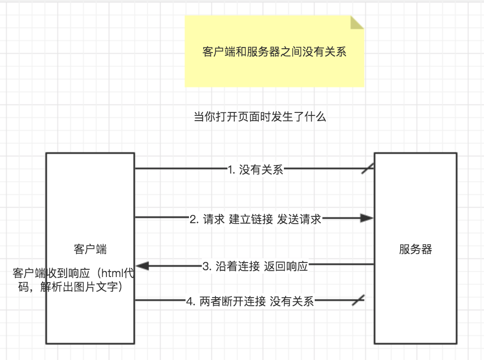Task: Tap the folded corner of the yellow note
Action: coord(357,22)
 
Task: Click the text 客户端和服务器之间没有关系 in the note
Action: coord(274,52)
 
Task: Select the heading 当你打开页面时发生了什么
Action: coord(260,117)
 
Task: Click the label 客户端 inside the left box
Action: coord(90,249)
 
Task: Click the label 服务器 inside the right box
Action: coord(416,249)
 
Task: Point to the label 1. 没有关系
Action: coord(255,170)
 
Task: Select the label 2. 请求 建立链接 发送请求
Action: coord(255,219)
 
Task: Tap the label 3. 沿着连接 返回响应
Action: coord(255,266)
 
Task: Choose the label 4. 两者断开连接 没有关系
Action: coord(250,301)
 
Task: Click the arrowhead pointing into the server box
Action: coord(367,218)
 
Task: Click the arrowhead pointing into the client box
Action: coord(142,266)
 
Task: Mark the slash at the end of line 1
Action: coord(367,168)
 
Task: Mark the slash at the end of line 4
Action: coord(358,300)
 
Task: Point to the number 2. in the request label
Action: coord(194,219)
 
